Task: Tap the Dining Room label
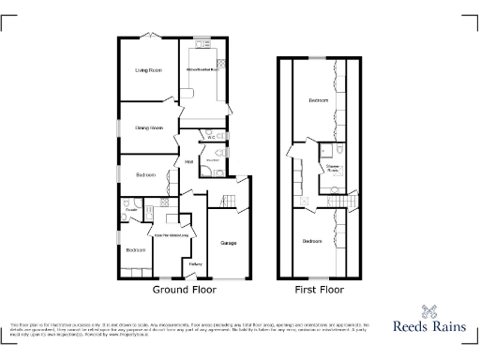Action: pos(149,127)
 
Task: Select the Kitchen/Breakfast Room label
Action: pos(202,70)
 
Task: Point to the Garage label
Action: pos(228,244)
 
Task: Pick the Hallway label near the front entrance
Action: pos(196,263)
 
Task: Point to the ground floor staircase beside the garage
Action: pos(225,199)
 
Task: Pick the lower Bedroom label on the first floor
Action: pos(312,242)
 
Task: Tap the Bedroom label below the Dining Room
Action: pos(145,175)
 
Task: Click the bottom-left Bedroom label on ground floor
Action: pos(136,249)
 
